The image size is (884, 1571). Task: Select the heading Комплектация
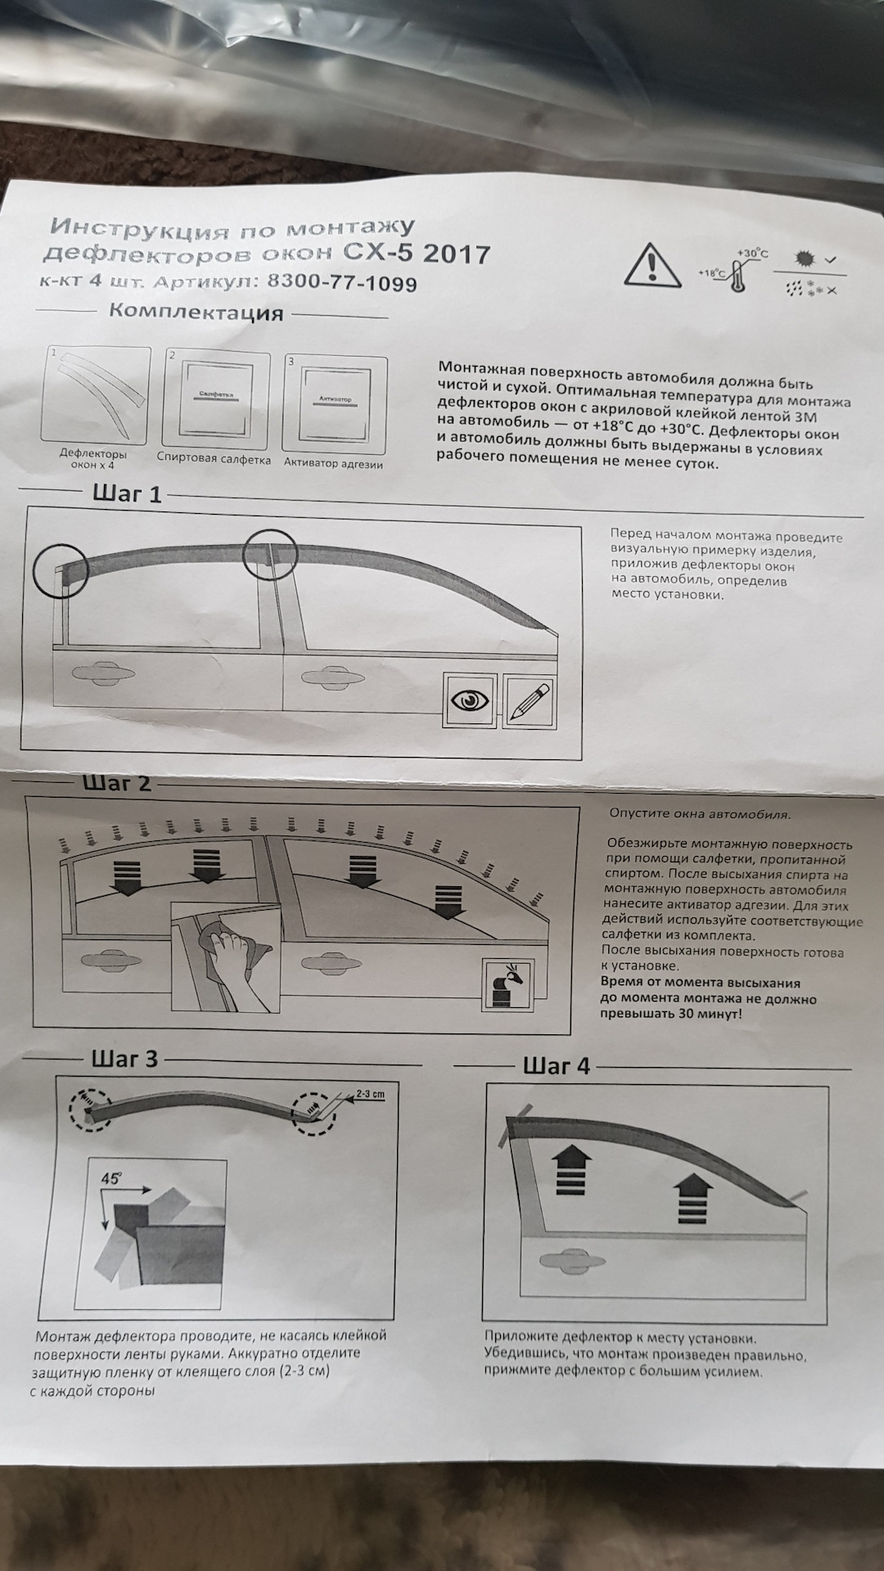click(196, 312)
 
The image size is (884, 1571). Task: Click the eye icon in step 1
click(470, 703)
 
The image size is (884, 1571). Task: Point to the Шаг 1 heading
click(122, 494)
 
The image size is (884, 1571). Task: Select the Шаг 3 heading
click(124, 1059)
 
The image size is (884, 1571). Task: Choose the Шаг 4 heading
click(556, 1066)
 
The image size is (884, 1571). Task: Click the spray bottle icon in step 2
click(502, 979)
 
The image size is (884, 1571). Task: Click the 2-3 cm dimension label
click(370, 1094)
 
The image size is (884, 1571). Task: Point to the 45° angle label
click(110, 1179)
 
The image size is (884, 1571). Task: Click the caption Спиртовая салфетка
click(214, 459)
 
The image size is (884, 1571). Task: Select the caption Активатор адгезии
click(333, 463)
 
